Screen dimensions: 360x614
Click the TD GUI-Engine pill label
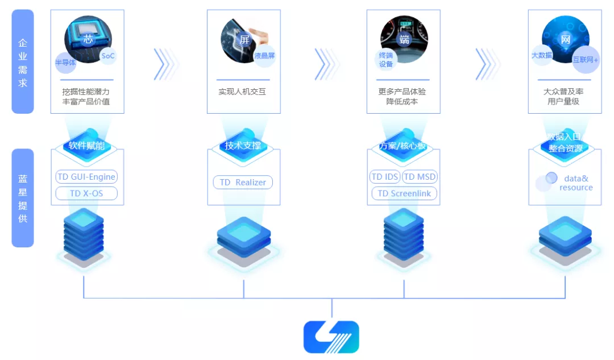(86, 177)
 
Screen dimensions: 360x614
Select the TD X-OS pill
(86, 193)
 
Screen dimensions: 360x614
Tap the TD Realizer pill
(243, 182)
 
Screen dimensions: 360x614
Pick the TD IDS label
(385, 177)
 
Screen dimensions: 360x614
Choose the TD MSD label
(420, 177)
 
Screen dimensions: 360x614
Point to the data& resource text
(575, 183)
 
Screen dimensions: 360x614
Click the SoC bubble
(107, 56)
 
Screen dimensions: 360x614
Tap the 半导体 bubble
(65, 63)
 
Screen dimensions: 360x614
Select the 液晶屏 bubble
(264, 56)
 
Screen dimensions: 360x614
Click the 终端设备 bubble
(386, 60)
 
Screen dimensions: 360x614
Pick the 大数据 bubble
(542, 55)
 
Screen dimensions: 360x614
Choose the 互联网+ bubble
(586, 60)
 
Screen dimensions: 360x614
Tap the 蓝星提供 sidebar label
(23, 198)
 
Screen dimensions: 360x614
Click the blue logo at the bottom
(331, 337)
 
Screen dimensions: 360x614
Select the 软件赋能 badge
(86, 146)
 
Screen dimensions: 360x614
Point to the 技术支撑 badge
(243, 146)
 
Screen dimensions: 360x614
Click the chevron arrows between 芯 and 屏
(165, 63)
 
